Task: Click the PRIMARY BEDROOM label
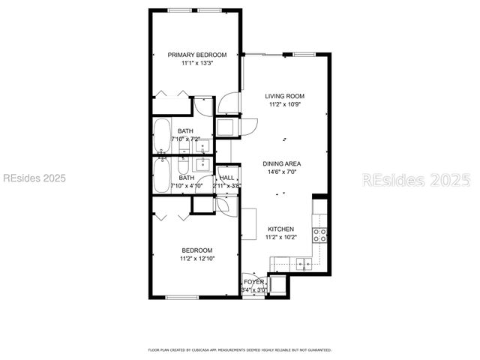pyautogui.click(x=196, y=55)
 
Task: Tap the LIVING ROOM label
pyautogui.click(x=284, y=96)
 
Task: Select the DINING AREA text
pyautogui.click(x=282, y=163)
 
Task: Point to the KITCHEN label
pyautogui.click(x=281, y=229)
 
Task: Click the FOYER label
pyautogui.click(x=253, y=282)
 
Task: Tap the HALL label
pyautogui.click(x=226, y=178)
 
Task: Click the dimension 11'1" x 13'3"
pyautogui.click(x=196, y=64)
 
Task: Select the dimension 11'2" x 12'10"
pyautogui.click(x=197, y=259)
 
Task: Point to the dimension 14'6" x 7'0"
pyautogui.click(x=282, y=172)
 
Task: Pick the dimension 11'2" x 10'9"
pyautogui.click(x=284, y=104)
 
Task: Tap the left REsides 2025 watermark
pyautogui.click(x=34, y=178)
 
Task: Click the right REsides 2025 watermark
pyautogui.click(x=416, y=180)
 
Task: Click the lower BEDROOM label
pyautogui.click(x=196, y=250)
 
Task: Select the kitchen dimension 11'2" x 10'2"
pyautogui.click(x=281, y=237)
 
